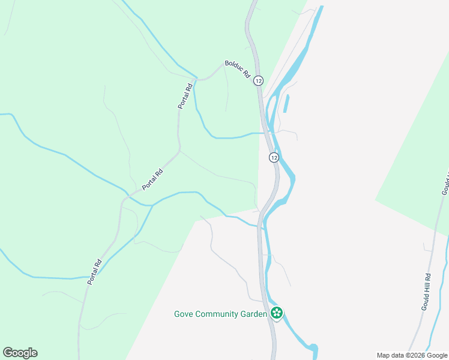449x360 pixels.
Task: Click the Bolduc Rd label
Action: (x=238, y=69)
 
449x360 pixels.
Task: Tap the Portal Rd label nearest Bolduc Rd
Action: (x=185, y=95)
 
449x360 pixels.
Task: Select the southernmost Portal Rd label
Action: (x=94, y=271)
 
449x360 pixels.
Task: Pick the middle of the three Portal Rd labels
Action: (x=152, y=180)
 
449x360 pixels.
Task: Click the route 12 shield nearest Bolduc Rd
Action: (x=258, y=80)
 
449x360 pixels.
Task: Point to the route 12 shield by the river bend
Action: (x=274, y=157)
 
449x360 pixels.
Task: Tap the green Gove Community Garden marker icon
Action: (x=277, y=313)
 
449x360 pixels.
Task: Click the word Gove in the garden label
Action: (x=184, y=313)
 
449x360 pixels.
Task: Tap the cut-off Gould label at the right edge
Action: (x=445, y=183)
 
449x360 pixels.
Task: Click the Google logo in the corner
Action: (x=20, y=353)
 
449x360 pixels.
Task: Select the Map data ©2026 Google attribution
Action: (x=412, y=355)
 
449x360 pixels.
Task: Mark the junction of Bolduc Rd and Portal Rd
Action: (x=195, y=79)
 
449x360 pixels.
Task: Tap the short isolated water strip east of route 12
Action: (x=285, y=103)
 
